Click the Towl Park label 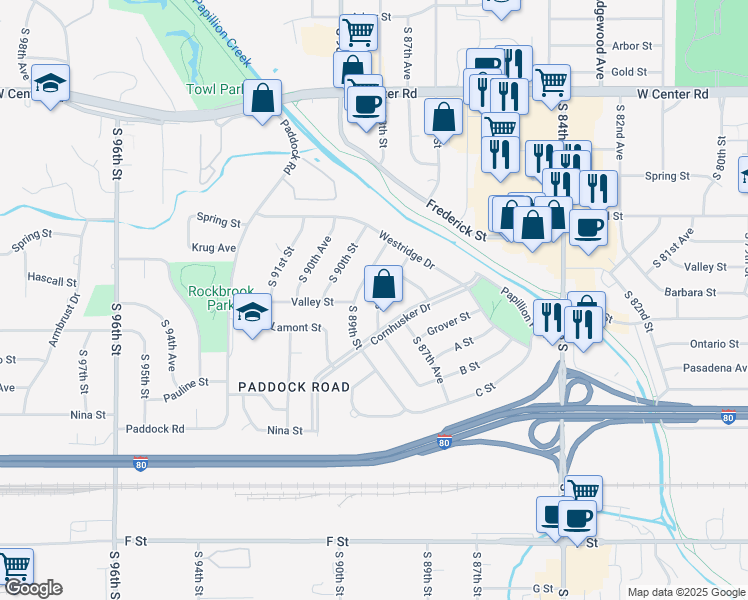coord(215,89)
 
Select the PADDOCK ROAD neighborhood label coord(294,387)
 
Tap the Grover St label coord(448,325)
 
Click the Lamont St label coord(295,327)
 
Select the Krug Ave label coord(213,247)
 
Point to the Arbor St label coord(631,46)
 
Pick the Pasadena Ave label coord(714,368)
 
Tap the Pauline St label coord(186,382)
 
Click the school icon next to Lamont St coord(253,313)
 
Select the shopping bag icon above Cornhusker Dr coord(383,285)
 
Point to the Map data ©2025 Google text coord(686,592)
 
